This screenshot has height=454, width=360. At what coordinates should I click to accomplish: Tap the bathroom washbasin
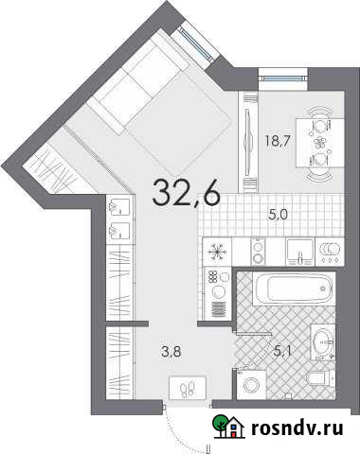[x=322, y=340]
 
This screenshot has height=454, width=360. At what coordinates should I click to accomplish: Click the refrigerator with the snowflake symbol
[x=217, y=251]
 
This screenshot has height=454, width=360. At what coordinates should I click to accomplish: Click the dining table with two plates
[x=316, y=143]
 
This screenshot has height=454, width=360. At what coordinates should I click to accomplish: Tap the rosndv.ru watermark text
[x=295, y=428]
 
